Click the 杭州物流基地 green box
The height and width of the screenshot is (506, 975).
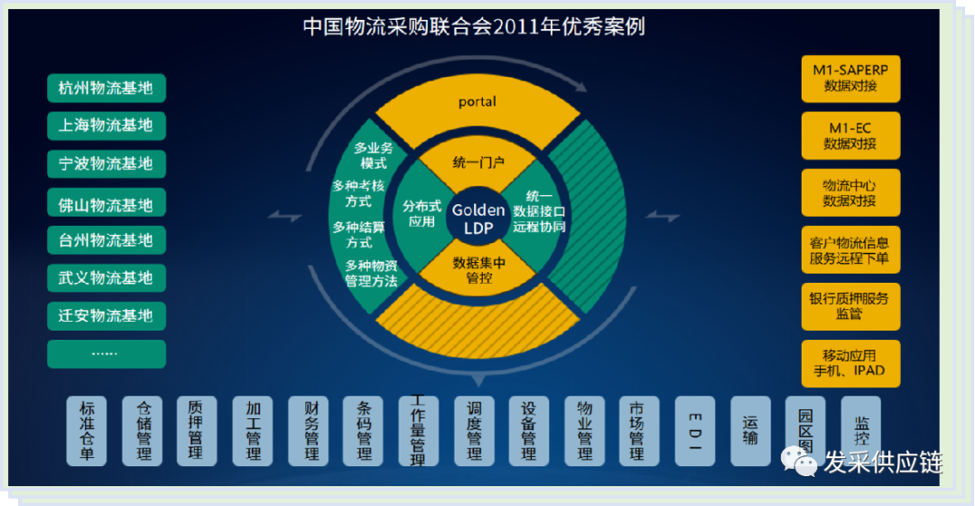pos(106,89)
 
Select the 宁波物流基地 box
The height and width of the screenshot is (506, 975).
pos(106,164)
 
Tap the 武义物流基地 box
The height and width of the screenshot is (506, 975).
pos(106,277)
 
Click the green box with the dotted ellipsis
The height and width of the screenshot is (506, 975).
pos(106,353)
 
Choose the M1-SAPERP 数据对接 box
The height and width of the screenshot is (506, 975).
pos(850,79)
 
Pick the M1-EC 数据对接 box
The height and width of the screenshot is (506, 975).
pos(850,136)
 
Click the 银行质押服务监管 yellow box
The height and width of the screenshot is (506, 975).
pos(850,306)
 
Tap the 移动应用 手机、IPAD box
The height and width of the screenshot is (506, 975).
pos(850,363)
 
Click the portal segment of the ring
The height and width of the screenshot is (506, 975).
pos(478,102)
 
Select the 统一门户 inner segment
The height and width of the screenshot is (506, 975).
pos(478,164)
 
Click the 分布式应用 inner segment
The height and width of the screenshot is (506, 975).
pos(420,213)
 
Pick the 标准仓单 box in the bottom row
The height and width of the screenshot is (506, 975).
pos(87,431)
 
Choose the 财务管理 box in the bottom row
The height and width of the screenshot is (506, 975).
pos(309,431)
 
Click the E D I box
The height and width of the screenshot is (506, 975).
pos(695,431)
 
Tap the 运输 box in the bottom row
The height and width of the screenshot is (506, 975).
pos(750,431)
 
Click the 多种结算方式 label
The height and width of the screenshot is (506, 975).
pos(359,235)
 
